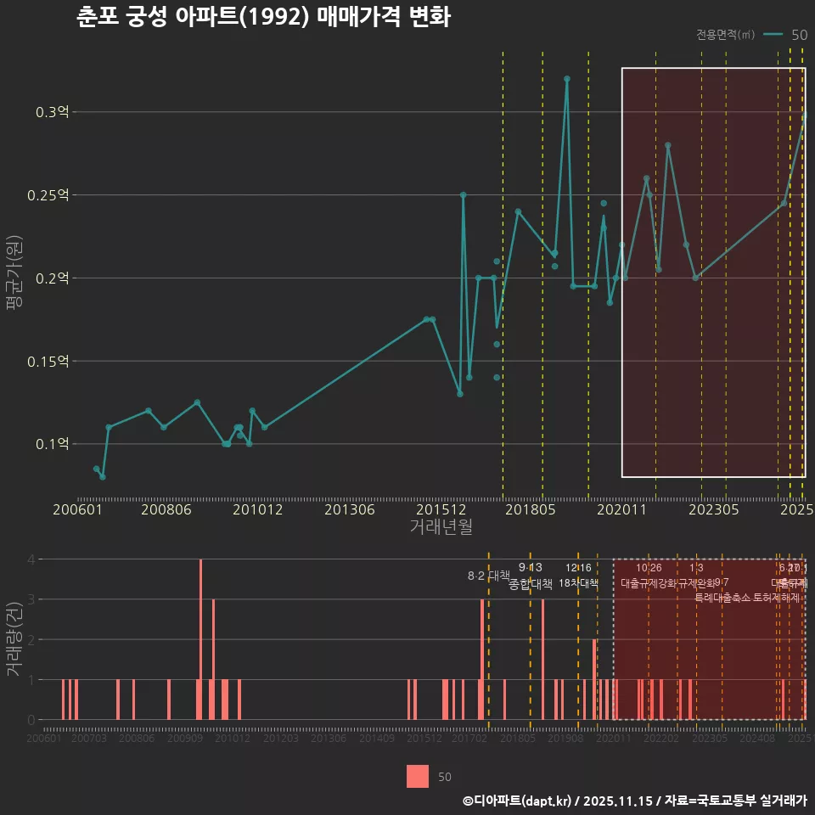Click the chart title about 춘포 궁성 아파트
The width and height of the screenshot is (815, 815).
tap(262, 18)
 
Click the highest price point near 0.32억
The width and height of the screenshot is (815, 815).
tap(567, 79)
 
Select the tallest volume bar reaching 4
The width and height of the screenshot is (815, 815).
tap(200, 639)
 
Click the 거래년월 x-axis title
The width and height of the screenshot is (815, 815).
tap(441, 527)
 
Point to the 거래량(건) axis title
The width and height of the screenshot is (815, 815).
tap(13, 639)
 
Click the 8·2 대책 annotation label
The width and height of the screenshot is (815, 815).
tap(488, 576)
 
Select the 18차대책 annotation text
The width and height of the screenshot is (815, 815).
tap(578, 583)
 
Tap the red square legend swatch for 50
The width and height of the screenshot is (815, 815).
tap(418, 776)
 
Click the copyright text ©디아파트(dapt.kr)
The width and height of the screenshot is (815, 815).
tap(519, 801)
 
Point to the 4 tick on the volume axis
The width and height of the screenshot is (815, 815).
tap(31, 559)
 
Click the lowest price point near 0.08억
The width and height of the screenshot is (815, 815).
tap(102, 476)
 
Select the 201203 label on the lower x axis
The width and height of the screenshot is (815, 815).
tap(280, 739)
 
